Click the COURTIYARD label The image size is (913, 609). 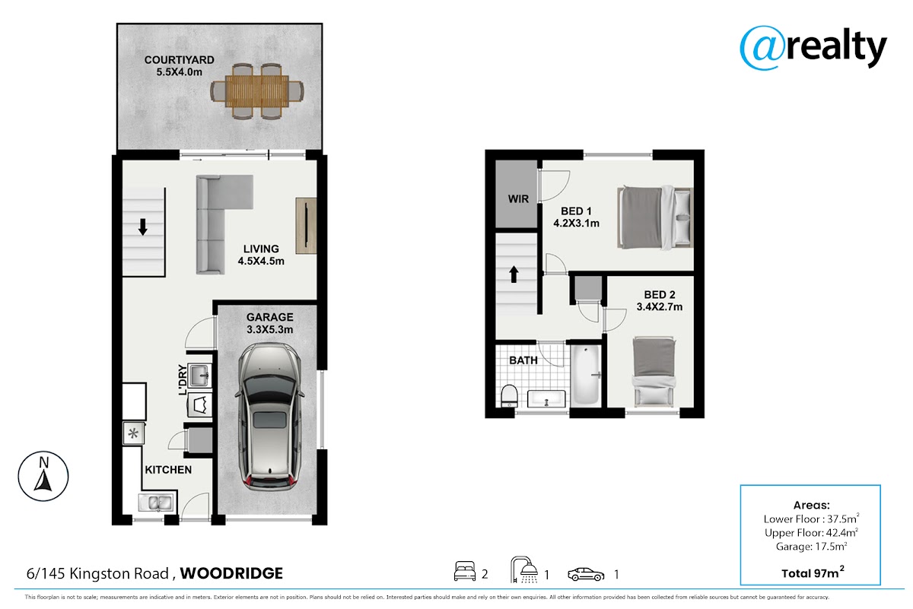tap(180, 60)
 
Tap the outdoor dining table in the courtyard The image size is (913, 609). tap(257, 90)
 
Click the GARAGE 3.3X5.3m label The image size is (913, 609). tap(270, 323)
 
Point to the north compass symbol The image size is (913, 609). tap(43, 476)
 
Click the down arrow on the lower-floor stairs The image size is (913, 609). tap(143, 227)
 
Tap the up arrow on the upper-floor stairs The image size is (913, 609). tap(514, 274)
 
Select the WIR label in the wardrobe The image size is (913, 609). tap(518, 198)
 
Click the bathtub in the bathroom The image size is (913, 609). tap(586, 375)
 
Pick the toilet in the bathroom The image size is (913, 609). tap(509, 396)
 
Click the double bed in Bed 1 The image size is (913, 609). tap(655, 217)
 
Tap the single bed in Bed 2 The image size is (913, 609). tap(654, 372)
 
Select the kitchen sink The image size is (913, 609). tap(157, 503)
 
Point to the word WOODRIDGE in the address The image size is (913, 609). tap(231, 573)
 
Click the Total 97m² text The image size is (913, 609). tap(813, 573)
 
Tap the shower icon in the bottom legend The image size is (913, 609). tap(524, 570)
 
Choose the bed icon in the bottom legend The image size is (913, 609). tap(465, 571)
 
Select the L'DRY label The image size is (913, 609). tap(183, 379)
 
